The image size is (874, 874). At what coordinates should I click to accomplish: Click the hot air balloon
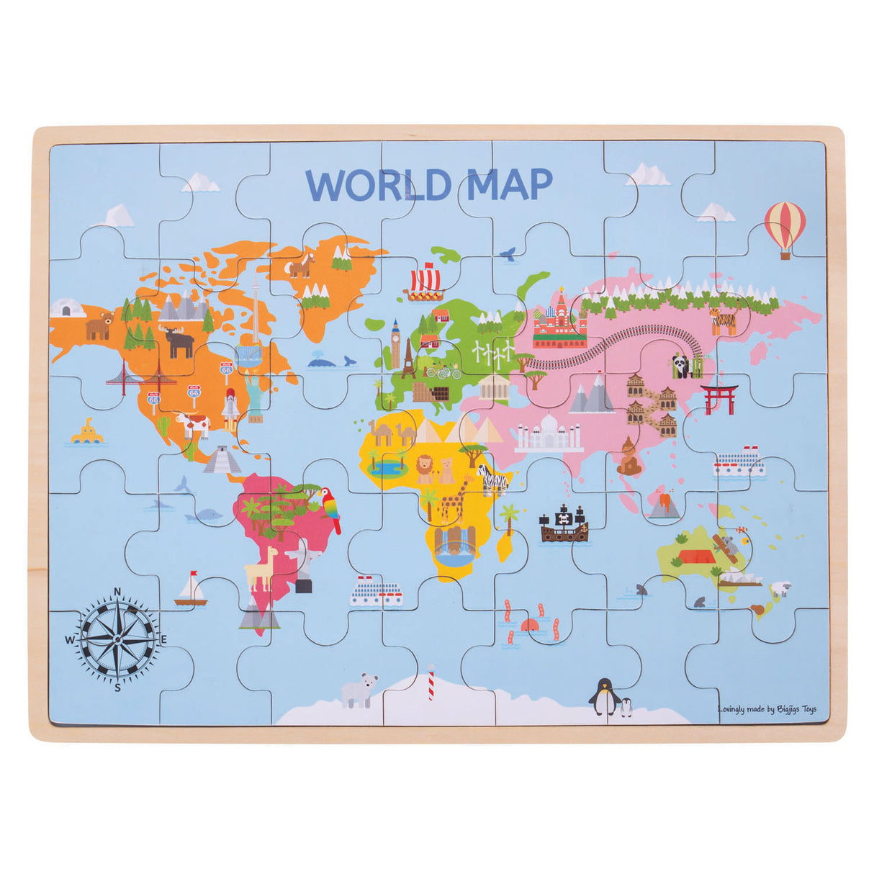point(785,225)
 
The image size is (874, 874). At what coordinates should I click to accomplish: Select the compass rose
point(117,639)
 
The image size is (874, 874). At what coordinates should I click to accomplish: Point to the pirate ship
point(564,523)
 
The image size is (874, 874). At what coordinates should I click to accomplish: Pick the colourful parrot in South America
point(330,508)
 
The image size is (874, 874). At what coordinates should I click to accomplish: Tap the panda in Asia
point(681,366)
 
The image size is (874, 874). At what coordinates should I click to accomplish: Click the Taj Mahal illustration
point(549,433)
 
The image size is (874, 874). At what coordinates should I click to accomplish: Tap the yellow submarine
point(87,432)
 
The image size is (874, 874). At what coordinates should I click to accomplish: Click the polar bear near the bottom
point(359,690)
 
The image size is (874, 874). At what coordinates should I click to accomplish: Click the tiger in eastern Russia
point(724,320)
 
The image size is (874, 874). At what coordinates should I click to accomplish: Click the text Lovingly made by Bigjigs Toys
point(767,709)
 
